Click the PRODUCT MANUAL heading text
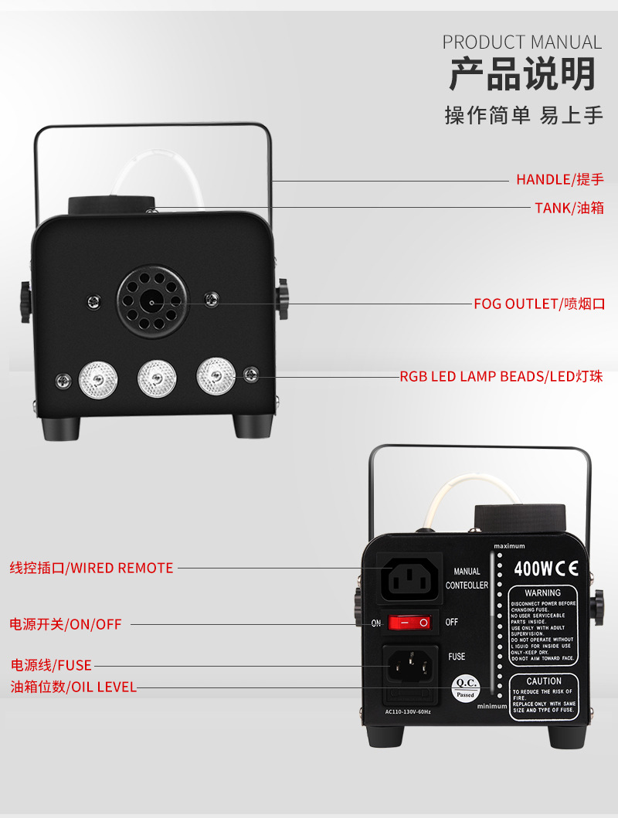521,42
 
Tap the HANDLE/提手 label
559,180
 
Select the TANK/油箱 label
569,208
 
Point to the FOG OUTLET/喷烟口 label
538,304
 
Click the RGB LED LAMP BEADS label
501,377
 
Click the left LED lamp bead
98,378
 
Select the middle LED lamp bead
157,378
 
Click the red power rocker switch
409,622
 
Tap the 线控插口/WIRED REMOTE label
91,568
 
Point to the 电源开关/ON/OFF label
66,623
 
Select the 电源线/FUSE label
51,665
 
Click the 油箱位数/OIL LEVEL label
73,687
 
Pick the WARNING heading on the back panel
542,593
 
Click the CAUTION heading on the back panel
544,681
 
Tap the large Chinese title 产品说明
522,75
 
